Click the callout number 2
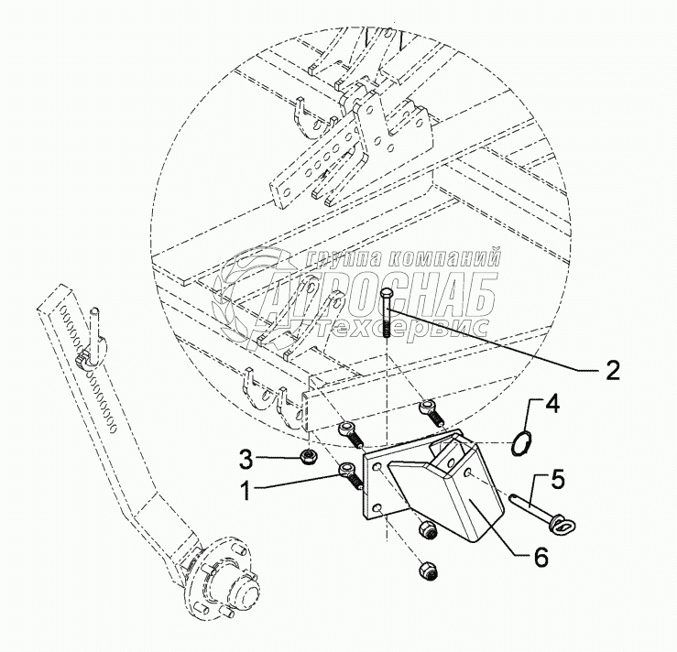(x=612, y=371)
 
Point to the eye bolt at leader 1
(x=349, y=473)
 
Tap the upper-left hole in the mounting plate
(x=375, y=467)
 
